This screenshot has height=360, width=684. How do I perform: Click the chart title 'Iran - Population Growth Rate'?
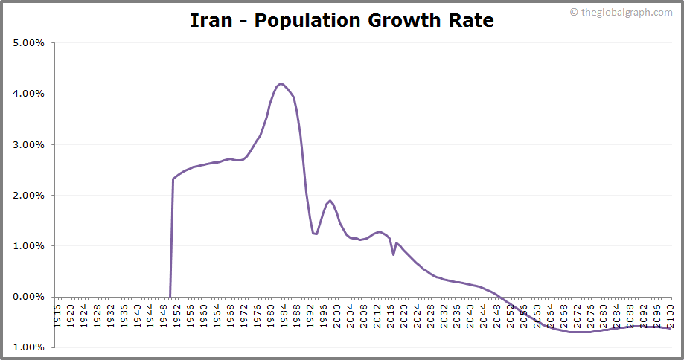pos(342,20)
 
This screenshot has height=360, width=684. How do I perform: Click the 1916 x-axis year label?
pos(57,311)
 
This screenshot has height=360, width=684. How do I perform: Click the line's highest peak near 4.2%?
pos(281,83)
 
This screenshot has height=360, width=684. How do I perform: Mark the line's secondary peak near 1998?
pos(330,200)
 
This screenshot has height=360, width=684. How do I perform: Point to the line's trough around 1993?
pos(316,234)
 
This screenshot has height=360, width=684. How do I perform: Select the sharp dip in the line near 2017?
pos(394,254)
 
